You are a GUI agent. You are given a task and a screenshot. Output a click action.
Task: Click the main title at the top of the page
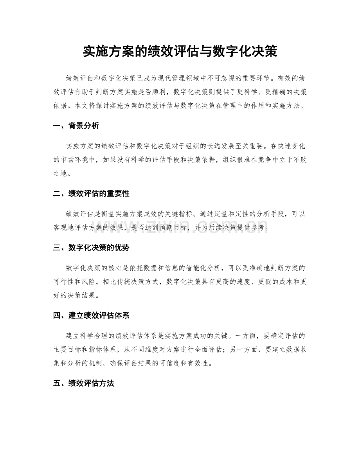[180, 51]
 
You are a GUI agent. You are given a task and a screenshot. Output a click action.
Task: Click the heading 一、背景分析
[76, 126]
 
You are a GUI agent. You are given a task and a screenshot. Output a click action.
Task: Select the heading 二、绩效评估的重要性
[91, 194]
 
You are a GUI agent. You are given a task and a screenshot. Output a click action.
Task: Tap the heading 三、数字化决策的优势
[91, 248]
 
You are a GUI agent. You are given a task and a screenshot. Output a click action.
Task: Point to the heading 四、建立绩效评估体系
[91, 315]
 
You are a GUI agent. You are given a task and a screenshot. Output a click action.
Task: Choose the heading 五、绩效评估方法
[83, 383]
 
